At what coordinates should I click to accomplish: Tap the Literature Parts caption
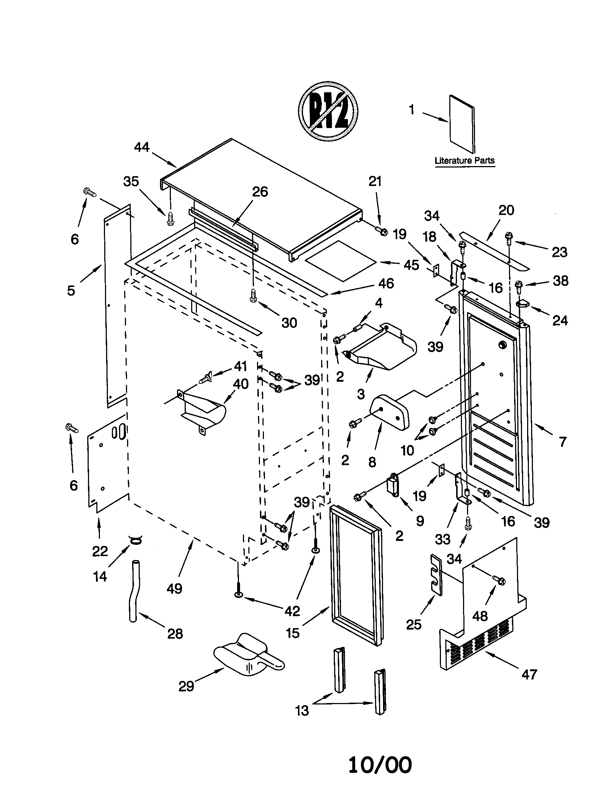click(464, 160)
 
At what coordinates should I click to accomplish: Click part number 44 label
click(142, 147)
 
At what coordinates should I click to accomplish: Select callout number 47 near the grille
click(529, 675)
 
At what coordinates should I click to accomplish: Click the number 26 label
click(260, 192)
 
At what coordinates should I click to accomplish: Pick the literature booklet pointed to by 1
click(462, 124)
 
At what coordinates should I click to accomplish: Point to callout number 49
click(174, 588)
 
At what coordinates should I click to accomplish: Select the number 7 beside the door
click(563, 442)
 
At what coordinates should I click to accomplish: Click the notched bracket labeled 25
click(436, 575)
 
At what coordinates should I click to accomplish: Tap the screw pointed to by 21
click(381, 231)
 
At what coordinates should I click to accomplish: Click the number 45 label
click(411, 265)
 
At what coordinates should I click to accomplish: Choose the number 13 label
click(302, 710)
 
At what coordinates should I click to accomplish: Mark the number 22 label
click(100, 551)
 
